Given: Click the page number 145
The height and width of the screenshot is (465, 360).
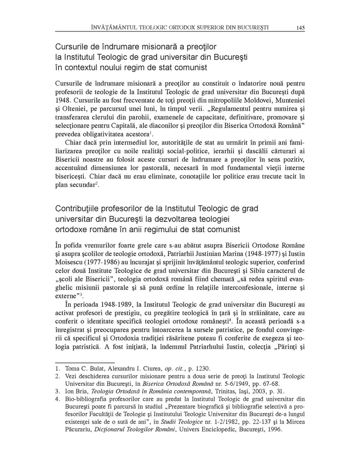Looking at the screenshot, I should (x=300, y=28).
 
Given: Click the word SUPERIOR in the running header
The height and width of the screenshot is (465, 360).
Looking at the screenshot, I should (x=211, y=27).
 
